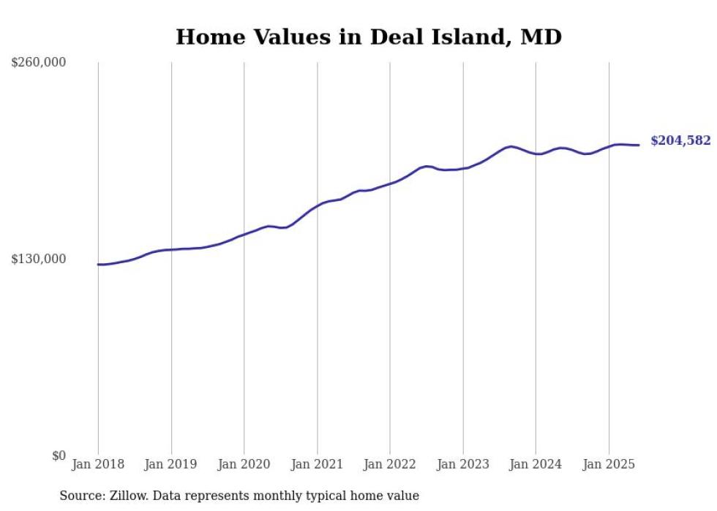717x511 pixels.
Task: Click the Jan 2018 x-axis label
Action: tap(98, 464)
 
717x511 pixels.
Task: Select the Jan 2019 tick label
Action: tap(170, 464)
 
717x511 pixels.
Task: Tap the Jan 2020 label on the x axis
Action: tap(244, 464)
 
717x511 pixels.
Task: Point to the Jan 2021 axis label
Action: tap(317, 464)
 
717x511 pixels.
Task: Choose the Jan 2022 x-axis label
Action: tap(389, 464)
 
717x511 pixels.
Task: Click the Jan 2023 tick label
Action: tap(462, 464)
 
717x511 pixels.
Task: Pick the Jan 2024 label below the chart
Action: tap(536, 464)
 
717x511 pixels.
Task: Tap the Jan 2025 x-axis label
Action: tap(609, 464)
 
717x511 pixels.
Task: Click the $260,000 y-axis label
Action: tap(38, 62)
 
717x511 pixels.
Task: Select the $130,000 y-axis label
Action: tap(38, 260)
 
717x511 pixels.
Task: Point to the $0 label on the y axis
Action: tap(59, 455)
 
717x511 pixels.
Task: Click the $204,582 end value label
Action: tap(681, 140)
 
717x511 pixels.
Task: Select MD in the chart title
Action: tap(541, 37)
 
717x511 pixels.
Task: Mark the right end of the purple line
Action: tap(639, 145)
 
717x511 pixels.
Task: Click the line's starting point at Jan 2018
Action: tap(98, 265)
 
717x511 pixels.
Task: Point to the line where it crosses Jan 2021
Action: tap(317, 207)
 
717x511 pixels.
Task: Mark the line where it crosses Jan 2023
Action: tap(463, 169)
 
